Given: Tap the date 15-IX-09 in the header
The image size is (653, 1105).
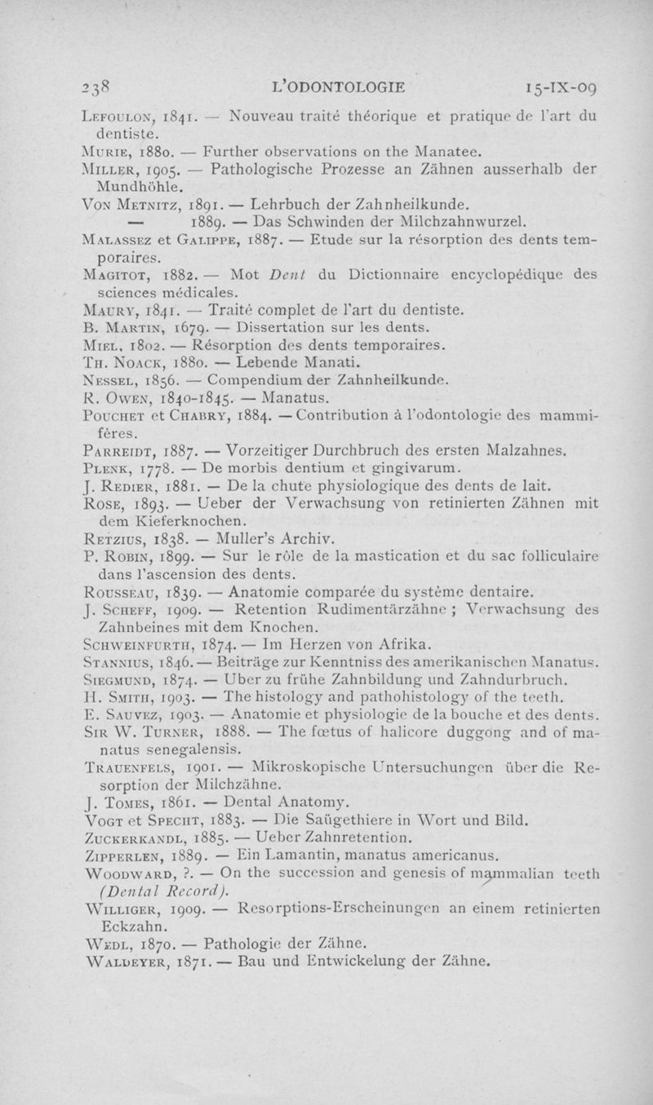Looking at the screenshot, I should (x=563, y=84).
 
